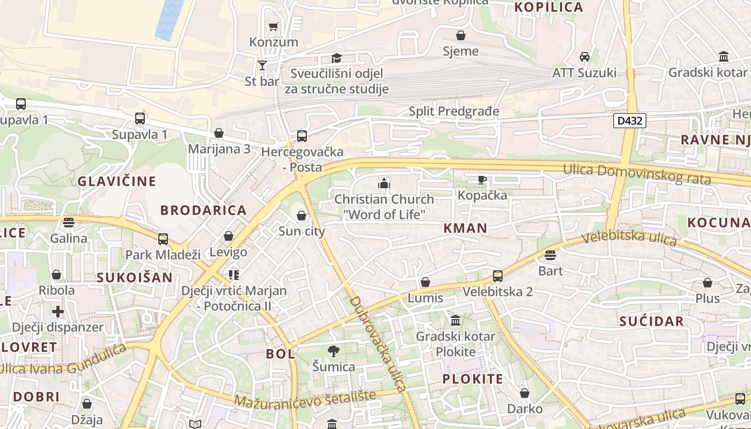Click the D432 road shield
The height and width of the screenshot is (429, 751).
[630, 121]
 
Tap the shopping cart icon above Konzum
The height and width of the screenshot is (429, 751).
[274, 26]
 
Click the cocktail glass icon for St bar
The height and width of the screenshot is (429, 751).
[262, 65]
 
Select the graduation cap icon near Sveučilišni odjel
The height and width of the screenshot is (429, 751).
[336, 58]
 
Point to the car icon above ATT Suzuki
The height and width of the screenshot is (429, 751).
[585, 56]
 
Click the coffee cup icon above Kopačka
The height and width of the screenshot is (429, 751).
[482, 180]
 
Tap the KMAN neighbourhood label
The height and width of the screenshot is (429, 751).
[466, 228]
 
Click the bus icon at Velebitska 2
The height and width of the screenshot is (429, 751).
[497, 276]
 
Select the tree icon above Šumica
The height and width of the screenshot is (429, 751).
[333, 351]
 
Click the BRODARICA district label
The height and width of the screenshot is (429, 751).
[203, 210]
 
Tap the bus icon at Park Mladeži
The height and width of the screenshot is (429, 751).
[163, 239]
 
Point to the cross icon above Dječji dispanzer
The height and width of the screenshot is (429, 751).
[57, 312]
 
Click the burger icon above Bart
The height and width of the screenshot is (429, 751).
[550, 255]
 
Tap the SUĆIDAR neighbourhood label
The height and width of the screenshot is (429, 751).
[651, 322]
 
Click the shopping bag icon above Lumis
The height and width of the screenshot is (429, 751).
[425, 282]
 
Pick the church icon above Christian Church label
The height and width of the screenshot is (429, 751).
[384, 184]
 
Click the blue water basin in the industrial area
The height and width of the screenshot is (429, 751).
[170, 19]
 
